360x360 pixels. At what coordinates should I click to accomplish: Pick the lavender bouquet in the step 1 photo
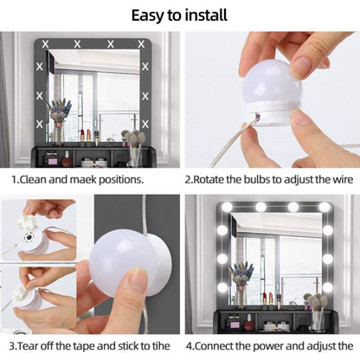coord(61,111)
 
